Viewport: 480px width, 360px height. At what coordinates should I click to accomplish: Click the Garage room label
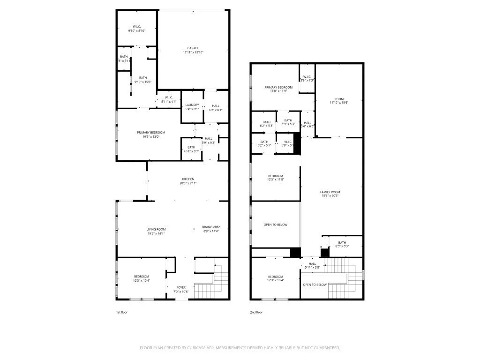pos(193,48)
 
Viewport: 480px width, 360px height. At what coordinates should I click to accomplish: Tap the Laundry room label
pos(192,105)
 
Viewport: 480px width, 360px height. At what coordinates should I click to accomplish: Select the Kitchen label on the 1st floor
pos(188,179)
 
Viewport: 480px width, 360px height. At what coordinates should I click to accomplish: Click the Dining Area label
pos(210,227)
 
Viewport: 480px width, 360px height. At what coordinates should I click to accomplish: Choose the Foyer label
pos(181,287)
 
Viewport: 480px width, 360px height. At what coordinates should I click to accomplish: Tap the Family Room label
pos(330,192)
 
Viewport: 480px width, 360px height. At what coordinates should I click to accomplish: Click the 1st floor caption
pos(121,312)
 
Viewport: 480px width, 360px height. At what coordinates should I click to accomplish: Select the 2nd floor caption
pos(256,312)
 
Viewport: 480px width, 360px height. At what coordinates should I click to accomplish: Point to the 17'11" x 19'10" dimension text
pos(193,52)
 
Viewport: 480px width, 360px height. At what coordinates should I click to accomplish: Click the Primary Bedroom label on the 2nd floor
pos(278,87)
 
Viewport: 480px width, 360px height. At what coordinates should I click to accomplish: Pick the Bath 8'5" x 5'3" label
pos(342,243)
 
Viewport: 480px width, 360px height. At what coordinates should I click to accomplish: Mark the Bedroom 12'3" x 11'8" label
pos(276,176)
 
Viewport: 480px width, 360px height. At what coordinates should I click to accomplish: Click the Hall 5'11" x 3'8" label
pos(313,264)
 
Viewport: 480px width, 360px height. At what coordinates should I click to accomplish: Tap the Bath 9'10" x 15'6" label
pos(142,78)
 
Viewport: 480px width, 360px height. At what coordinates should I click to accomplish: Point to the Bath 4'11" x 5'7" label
pos(191,147)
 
